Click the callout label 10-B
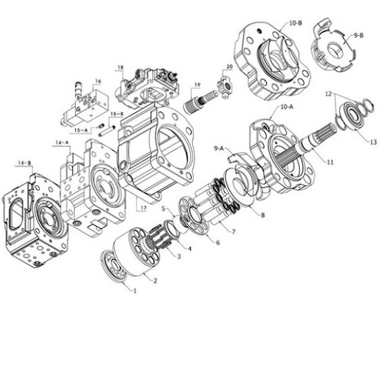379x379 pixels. coord(296,23)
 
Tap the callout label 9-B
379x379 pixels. coord(359,36)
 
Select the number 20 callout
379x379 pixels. coord(229,67)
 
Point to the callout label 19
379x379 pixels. coord(198,85)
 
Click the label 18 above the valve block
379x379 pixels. coord(121,68)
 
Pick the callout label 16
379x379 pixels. coord(98,81)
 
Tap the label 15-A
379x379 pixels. coord(81,130)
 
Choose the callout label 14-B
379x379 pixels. coord(25,163)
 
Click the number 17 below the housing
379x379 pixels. coord(143,207)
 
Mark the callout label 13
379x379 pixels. coord(373,142)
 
